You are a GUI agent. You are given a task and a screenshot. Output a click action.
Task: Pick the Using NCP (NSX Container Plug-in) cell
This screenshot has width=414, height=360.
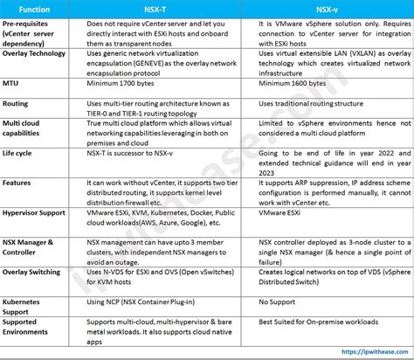[146, 301]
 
